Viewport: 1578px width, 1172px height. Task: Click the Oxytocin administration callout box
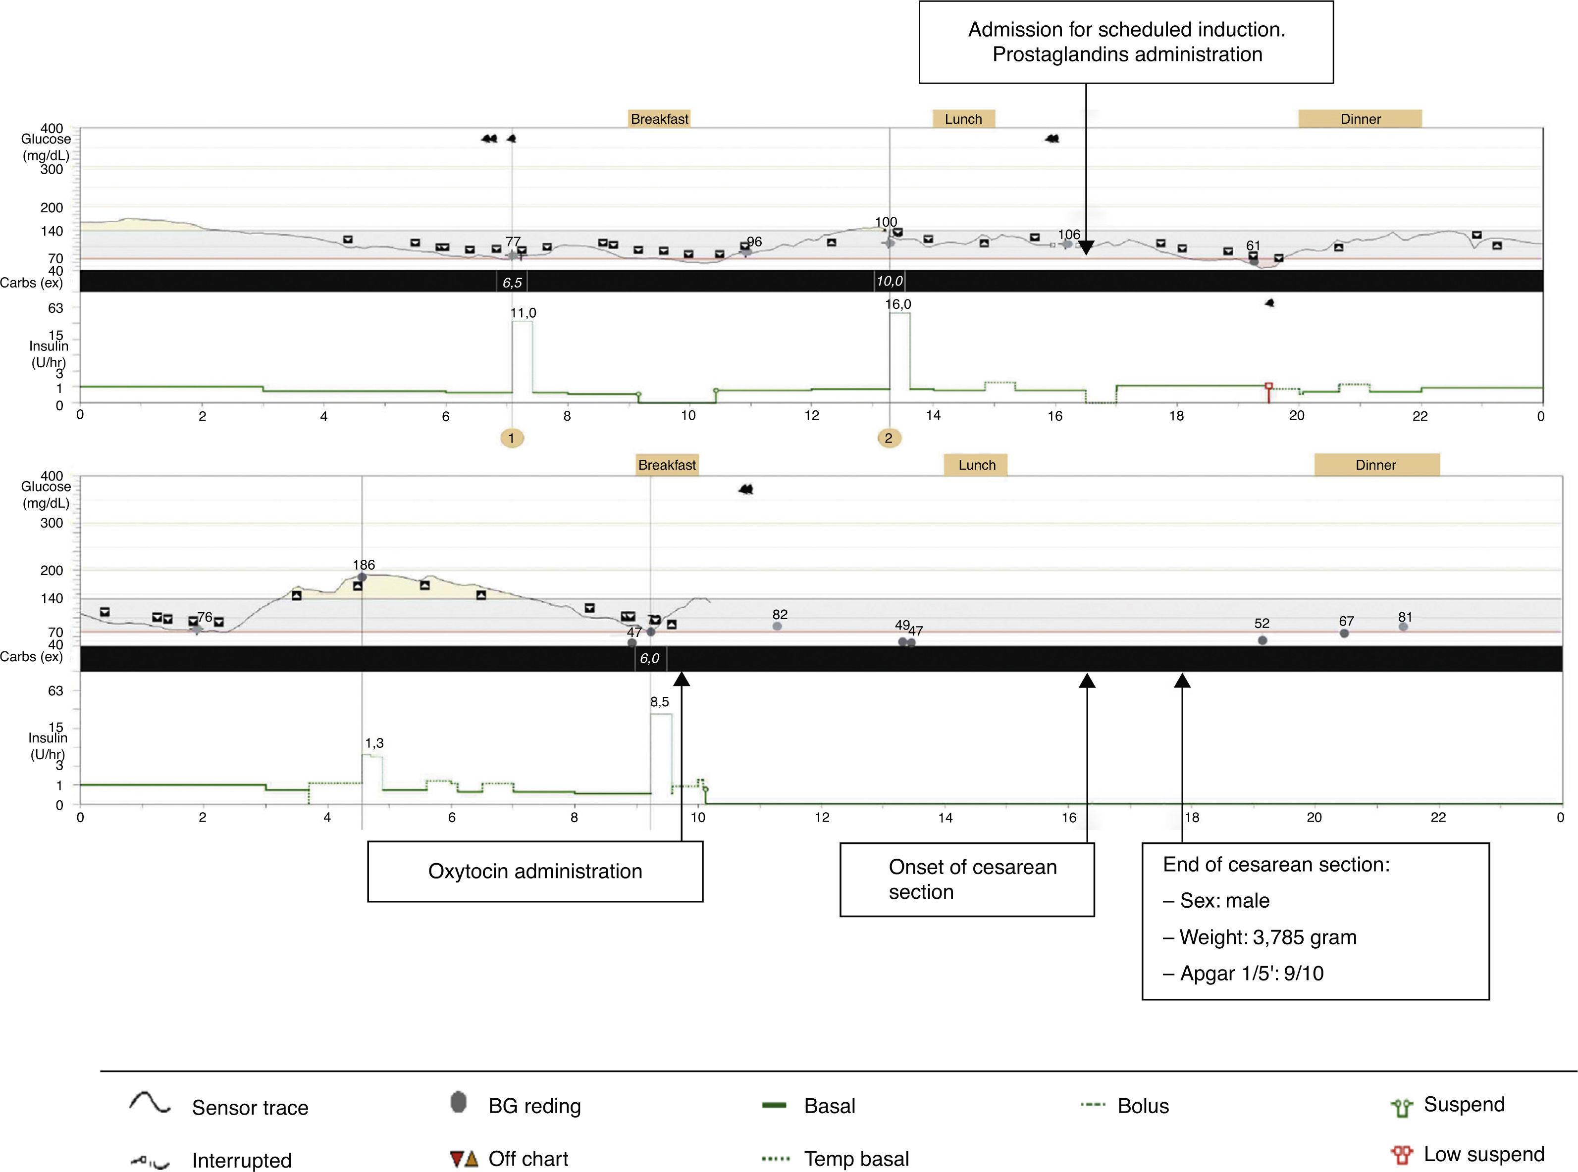click(x=534, y=871)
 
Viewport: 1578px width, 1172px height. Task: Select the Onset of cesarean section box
click(x=966, y=879)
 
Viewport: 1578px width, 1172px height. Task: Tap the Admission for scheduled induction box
click(x=1126, y=42)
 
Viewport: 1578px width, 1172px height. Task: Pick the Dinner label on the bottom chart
click(x=1376, y=465)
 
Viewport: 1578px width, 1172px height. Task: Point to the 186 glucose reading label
click(x=364, y=565)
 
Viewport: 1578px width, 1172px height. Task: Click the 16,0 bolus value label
click(x=898, y=304)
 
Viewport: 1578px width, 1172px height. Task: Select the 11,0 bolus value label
click(x=523, y=313)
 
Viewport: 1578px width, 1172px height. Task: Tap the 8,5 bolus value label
click(x=659, y=702)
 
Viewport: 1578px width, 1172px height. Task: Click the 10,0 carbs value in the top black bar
click(x=890, y=281)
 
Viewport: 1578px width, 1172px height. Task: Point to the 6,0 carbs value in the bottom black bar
click(x=649, y=658)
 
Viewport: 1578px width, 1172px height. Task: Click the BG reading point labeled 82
click(x=777, y=626)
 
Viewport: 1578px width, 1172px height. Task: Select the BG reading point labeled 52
click(x=1262, y=640)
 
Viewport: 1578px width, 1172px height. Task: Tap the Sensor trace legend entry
click(x=249, y=1108)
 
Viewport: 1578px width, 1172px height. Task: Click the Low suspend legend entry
click(x=1483, y=1154)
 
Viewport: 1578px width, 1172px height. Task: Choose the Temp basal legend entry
click(x=855, y=1159)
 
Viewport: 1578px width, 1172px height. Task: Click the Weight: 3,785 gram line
click(x=1267, y=937)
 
